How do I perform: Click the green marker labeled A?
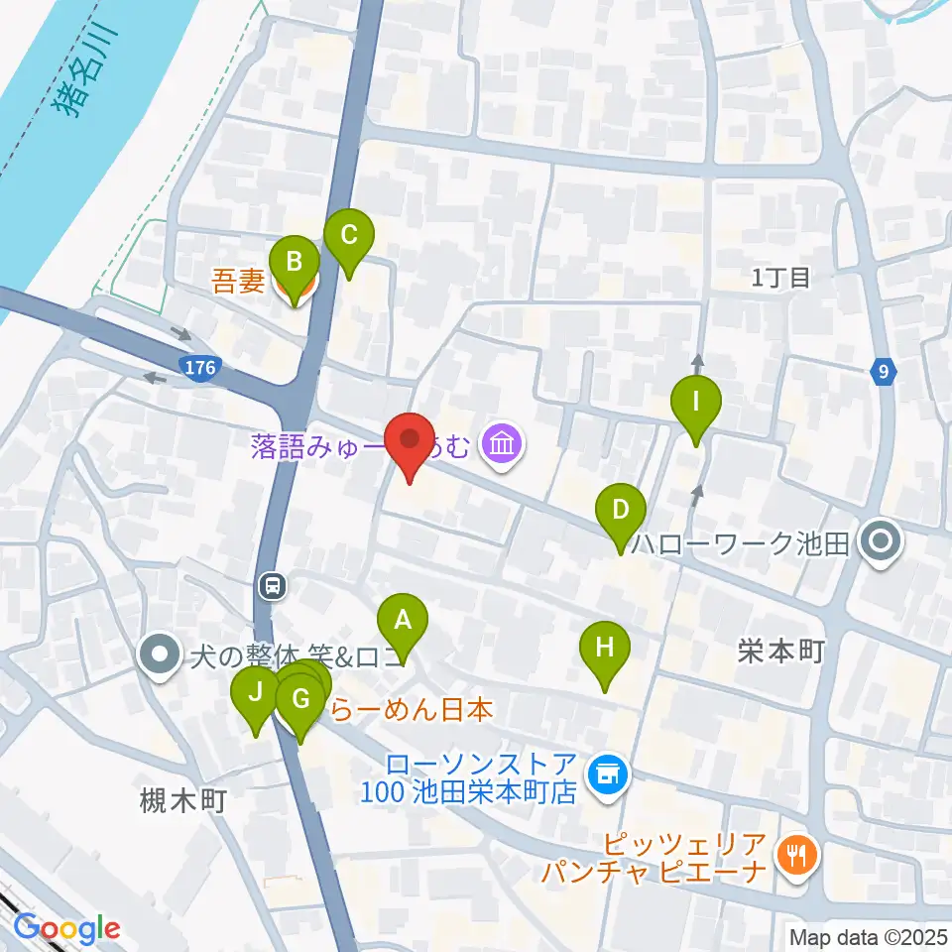tap(403, 621)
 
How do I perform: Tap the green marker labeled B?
tap(295, 263)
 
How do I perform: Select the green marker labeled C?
tap(349, 236)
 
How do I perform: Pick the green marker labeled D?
tap(620, 511)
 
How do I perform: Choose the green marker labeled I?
tap(695, 403)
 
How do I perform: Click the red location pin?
tap(409, 440)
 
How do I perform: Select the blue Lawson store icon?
tap(604, 776)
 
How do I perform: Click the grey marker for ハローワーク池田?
tap(879, 542)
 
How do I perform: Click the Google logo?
tap(66, 928)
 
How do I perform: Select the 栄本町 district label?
tap(781, 651)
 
